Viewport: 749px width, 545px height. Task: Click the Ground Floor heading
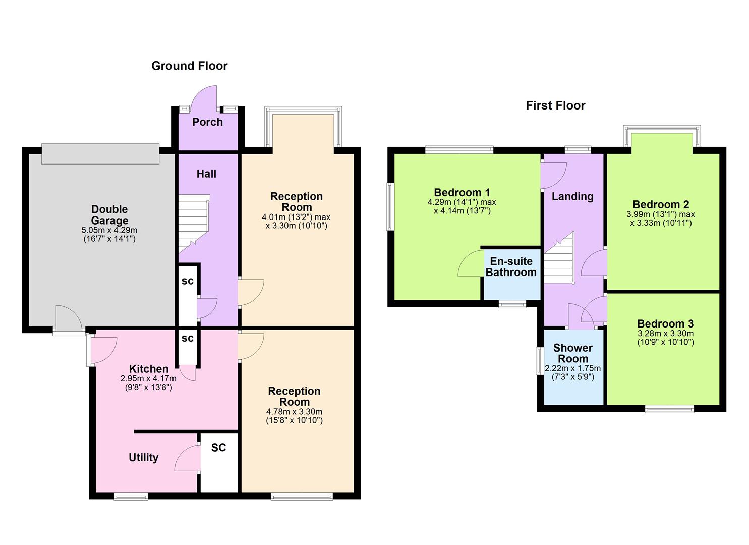click(x=189, y=66)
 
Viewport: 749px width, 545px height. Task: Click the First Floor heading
click(x=555, y=105)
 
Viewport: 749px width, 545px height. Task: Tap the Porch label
click(x=207, y=122)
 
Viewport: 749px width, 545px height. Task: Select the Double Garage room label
click(x=109, y=215)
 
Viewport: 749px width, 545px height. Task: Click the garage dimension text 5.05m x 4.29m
click(x=110, y=230)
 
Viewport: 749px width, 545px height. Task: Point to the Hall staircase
click(x=193, y=222)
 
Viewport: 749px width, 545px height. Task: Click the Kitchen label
click(x=148, y=369)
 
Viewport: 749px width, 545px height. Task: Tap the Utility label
click(x=143, y=457)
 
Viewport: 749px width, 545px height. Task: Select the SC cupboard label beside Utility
click(x=218, y=448)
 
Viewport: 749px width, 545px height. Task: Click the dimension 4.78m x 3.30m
click(x=294, y=412)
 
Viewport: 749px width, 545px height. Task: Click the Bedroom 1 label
click(x=462, y=192)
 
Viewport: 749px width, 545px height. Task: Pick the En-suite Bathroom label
click(x=511, y=267)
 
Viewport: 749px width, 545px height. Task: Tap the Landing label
click(x=572, y=196)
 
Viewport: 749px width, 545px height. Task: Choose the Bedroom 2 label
click(x=660, y=204)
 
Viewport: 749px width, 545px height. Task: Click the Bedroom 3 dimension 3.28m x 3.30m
click(x=665, y=334)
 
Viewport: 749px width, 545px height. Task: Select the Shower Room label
click(x=572, y=353)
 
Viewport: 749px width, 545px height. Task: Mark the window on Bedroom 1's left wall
click(x=390, y=206)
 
